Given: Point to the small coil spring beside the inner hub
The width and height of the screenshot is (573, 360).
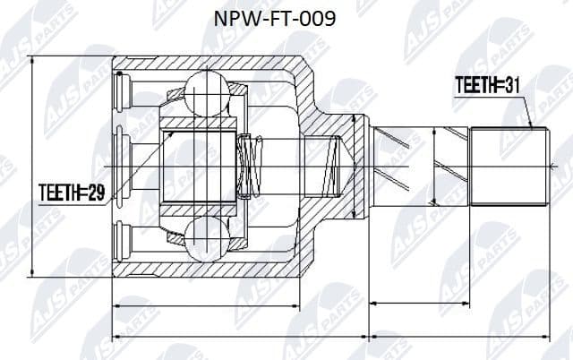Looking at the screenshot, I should click(251, 166).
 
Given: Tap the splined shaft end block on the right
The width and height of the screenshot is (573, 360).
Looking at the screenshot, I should click(509, 166).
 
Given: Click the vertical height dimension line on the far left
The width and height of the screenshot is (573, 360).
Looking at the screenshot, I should click(32, 166).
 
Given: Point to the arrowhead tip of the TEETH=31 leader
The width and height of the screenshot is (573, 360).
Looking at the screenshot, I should click(532, 128).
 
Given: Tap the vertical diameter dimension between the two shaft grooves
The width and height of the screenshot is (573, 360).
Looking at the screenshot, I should click(435, 166).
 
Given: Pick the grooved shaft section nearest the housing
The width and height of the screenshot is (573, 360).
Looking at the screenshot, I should click(394, 166).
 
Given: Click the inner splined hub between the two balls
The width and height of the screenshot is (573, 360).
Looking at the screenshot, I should click(201, 166).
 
